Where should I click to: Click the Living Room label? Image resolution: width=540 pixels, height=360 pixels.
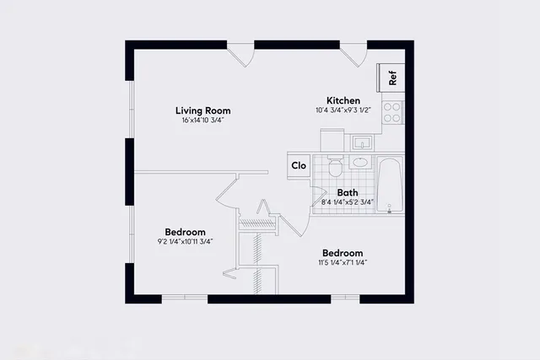[202, 110]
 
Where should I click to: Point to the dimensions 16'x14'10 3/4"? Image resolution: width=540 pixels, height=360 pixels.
[202, 121]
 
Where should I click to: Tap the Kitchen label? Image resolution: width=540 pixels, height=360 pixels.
[343, 100]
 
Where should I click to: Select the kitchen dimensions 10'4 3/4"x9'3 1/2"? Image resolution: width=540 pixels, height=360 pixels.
[343, 110]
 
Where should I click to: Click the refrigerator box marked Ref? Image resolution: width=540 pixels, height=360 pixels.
[392, 77]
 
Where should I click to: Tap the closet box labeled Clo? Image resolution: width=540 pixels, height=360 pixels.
[299, 165]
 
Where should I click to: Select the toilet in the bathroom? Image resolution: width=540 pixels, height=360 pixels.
[335, 166]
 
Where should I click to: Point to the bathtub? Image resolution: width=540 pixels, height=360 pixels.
[391, 185]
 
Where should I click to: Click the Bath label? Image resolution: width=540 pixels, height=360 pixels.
[348, 192]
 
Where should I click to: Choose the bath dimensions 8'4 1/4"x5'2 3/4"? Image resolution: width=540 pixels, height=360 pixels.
[348, 202]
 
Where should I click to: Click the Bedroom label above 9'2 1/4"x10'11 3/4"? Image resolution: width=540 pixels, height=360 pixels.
[185, 232]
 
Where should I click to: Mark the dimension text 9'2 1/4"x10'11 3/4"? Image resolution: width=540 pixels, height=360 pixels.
[185, 242]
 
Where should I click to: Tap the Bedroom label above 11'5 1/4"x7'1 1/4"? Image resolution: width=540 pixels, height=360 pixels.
[343, 253]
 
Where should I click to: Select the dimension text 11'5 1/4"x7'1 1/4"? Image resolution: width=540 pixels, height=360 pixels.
[343, 263]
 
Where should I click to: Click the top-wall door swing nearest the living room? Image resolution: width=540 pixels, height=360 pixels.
[244, 55]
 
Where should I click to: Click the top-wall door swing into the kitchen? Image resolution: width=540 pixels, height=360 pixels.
[355, 55]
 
